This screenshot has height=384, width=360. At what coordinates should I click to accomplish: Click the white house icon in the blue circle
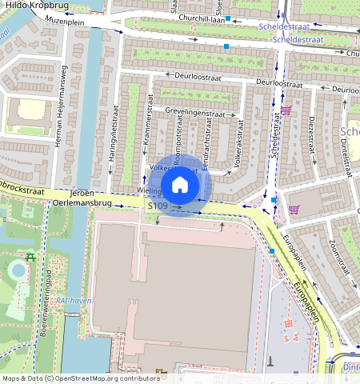(x=180, y=185)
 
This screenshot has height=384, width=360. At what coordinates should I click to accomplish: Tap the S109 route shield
(x=158, y=206)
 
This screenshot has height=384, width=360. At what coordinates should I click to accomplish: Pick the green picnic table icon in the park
(x=30, y=258)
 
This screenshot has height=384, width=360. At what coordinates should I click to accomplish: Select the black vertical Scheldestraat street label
(x=274, y=133)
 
